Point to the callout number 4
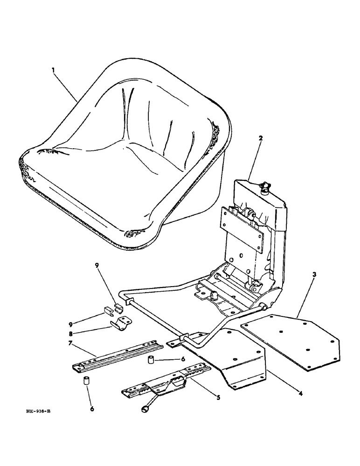coord(300,393)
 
